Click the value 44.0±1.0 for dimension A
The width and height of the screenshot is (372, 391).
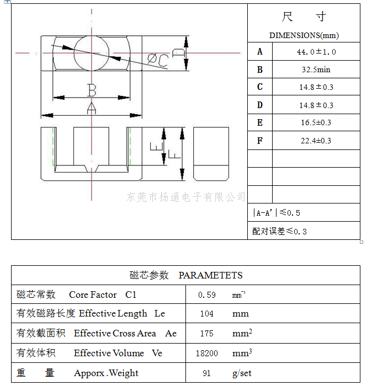316,52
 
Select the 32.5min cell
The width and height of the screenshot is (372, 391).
316,69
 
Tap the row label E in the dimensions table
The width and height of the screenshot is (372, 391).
260,122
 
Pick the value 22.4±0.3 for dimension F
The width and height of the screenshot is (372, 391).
316,141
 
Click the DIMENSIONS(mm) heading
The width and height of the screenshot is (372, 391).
304,35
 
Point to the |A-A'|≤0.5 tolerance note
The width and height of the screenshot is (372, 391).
276,213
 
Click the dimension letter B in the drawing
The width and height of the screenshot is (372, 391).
92,90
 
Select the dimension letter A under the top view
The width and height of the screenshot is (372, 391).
92,108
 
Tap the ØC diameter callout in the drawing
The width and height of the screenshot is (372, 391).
158,60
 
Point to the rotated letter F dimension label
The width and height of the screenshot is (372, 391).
174,154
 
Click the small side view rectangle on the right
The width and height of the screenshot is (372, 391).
211,154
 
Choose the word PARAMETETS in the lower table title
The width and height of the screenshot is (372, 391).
210,275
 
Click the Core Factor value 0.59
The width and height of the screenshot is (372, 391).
207,294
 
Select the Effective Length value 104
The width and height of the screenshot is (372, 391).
207,313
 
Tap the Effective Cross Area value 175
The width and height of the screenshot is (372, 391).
207,334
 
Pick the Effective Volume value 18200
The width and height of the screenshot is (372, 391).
207,353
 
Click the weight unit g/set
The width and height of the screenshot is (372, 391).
242,373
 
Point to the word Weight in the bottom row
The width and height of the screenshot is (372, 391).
124,373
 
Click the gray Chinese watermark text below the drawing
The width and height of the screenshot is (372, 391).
186,197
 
